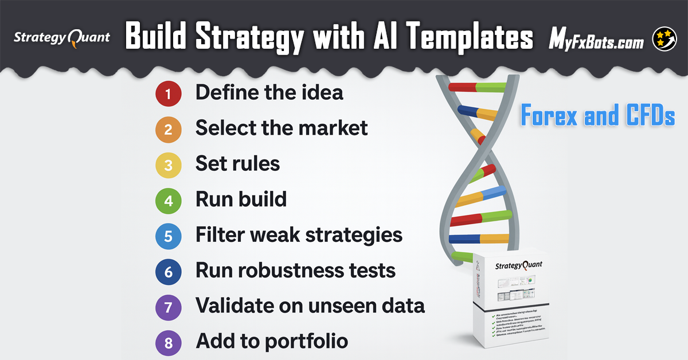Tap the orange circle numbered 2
[x=168, y=130]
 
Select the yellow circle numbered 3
[x=168, y=165]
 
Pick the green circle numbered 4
[x=168, y=201]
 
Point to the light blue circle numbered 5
[x=168, y=236]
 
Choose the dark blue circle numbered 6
[x=168, y=272]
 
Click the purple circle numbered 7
[x=168, y=307]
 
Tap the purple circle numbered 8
[x=168, y=343]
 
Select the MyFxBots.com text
[x=596, y=40]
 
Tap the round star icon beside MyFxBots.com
[x=664, y=39]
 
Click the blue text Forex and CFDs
[x=598, y=116]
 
